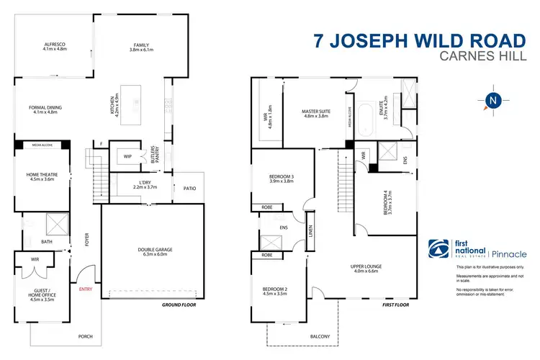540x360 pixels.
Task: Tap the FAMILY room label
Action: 140,47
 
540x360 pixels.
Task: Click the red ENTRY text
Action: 86,289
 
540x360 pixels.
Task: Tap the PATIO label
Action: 189,189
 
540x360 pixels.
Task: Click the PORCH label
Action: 86,336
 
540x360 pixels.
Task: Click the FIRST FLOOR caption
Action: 395,305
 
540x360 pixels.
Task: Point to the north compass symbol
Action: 492,100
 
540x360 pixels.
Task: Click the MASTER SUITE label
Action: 316,113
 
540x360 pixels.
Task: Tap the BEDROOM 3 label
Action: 276,179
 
